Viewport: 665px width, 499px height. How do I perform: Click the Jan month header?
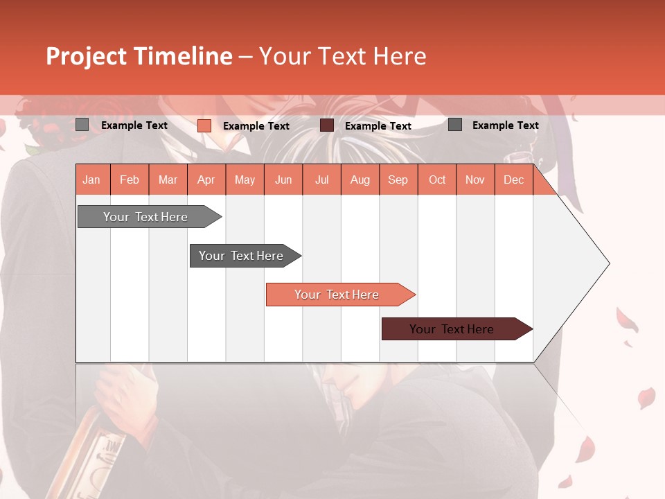click(91, 180)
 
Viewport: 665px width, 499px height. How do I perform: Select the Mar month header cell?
click(168, 180)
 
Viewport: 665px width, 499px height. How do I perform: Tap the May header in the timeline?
click(245, 180)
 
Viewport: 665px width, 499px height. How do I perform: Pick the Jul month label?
click(321, 180)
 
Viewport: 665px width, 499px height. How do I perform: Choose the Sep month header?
click(398, 180)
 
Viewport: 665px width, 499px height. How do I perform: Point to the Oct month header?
click(437, 180)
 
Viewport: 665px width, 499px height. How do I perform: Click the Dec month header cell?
click(513, 180)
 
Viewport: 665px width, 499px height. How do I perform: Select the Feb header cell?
click(130, 180)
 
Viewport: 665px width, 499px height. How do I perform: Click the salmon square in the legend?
click(204, 125)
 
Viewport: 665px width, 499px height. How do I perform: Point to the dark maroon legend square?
click(327, 125)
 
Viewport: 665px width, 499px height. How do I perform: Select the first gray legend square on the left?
click(82, 125)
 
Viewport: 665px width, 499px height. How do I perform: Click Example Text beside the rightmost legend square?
click(505, 125)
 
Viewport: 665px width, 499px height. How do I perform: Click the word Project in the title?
click(87, 56)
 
